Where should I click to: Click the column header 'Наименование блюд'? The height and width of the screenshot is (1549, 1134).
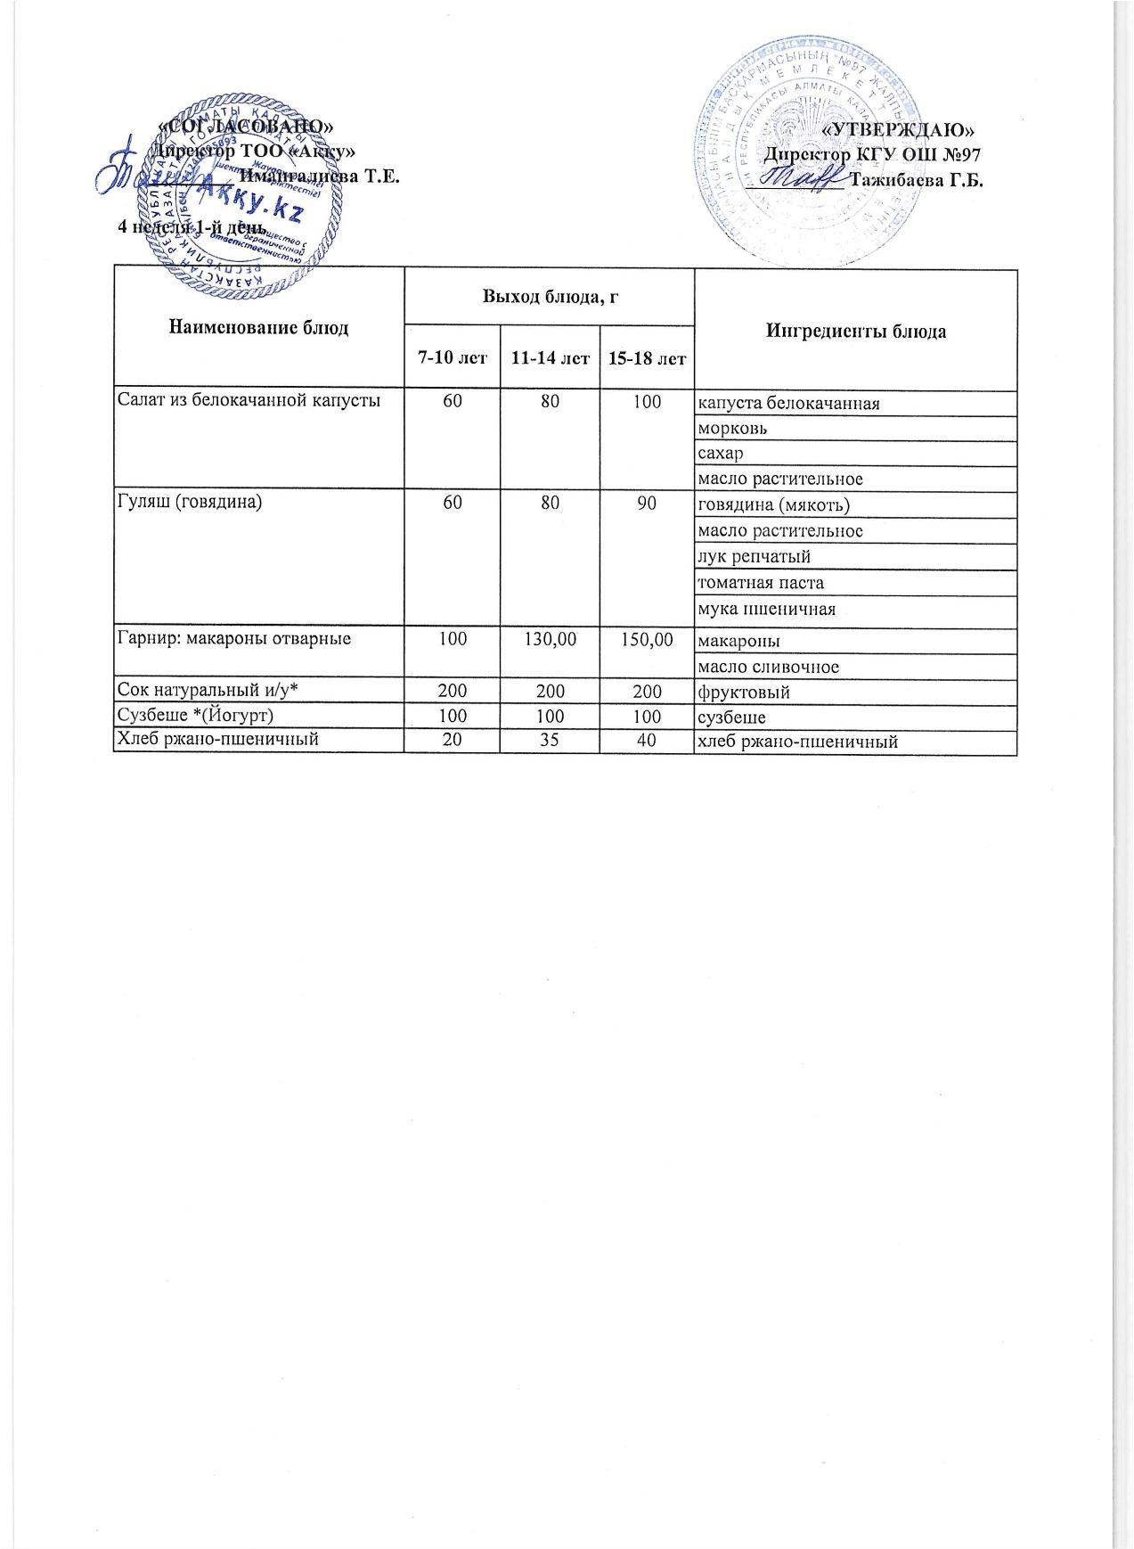coord(258,328)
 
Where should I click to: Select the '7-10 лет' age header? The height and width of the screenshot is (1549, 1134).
coord(453,359)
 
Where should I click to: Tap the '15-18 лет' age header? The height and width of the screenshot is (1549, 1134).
coord(647,359)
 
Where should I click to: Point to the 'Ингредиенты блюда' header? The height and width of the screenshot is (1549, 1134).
coord(855,332)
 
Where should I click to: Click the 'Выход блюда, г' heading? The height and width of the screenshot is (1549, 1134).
coord(550,297)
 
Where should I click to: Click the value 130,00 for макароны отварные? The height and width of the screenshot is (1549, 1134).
coord(550,639)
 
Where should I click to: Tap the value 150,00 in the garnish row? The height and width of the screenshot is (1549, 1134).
coord(647,639)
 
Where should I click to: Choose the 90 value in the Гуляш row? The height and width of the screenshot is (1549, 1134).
coord(647,504)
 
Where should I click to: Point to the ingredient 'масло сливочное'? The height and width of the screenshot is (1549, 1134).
coord(769,667)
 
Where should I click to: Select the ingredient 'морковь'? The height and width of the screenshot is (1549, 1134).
coord(733,428)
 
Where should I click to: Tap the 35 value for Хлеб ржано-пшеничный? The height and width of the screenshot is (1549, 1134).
coord(550,741)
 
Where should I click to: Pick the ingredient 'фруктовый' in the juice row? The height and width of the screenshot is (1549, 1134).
coord(745,693)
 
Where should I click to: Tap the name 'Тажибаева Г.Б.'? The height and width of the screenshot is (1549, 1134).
coord(916,179)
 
